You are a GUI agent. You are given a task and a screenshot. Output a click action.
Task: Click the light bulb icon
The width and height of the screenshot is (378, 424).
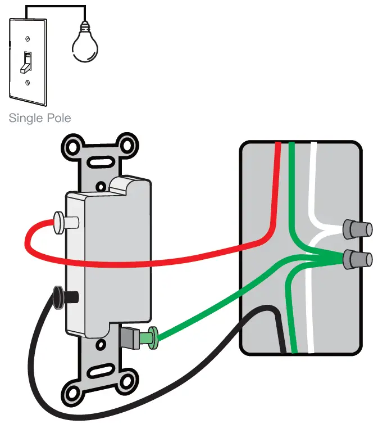point(84,44)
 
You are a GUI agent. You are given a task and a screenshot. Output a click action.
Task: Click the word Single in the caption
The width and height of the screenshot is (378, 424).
point(26,119)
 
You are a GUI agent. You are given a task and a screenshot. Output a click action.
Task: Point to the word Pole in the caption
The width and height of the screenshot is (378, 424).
point(58,119)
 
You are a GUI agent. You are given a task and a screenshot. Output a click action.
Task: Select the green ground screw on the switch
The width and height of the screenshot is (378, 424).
point(149,337)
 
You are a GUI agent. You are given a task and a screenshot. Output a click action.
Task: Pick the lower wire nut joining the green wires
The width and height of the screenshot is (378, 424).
point(358,259)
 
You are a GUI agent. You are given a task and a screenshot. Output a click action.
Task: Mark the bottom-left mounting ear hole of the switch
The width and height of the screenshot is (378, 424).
point(74,389)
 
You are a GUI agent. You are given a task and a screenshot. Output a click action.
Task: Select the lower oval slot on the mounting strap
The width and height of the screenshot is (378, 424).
point(99,372)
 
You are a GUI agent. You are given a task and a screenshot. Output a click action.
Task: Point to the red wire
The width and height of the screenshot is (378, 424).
point(168,260)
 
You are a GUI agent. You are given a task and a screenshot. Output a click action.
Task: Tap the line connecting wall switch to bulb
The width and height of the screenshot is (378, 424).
point(56,7)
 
